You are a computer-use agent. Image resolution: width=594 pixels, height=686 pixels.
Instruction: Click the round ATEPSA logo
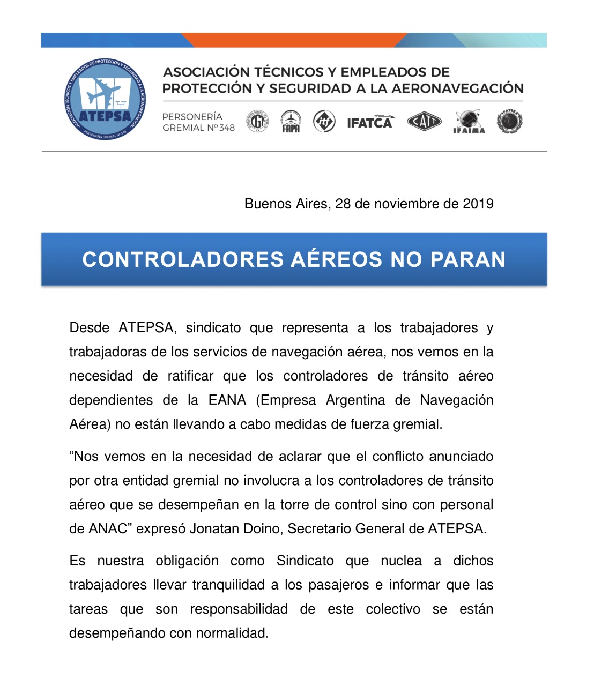pos(105,99)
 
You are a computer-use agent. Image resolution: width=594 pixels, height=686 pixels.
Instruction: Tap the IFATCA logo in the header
pos(370,122)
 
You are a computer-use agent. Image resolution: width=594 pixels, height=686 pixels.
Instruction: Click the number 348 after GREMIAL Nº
pos(227,128)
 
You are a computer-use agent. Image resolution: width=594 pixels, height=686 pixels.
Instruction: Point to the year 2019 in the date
pos(478,204)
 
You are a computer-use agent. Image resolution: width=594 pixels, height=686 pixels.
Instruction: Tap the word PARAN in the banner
pos(467,259)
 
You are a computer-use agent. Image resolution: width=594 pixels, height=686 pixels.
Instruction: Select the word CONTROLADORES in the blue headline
pos(183,259)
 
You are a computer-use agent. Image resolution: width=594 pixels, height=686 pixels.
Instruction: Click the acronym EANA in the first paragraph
pos(227,400)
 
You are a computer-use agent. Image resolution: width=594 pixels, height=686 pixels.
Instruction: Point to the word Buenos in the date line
pos(265,204)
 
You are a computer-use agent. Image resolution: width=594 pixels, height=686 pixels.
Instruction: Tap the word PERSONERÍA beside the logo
pos(192,116)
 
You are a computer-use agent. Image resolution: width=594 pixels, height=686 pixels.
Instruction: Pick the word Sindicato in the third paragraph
pos(305,561)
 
